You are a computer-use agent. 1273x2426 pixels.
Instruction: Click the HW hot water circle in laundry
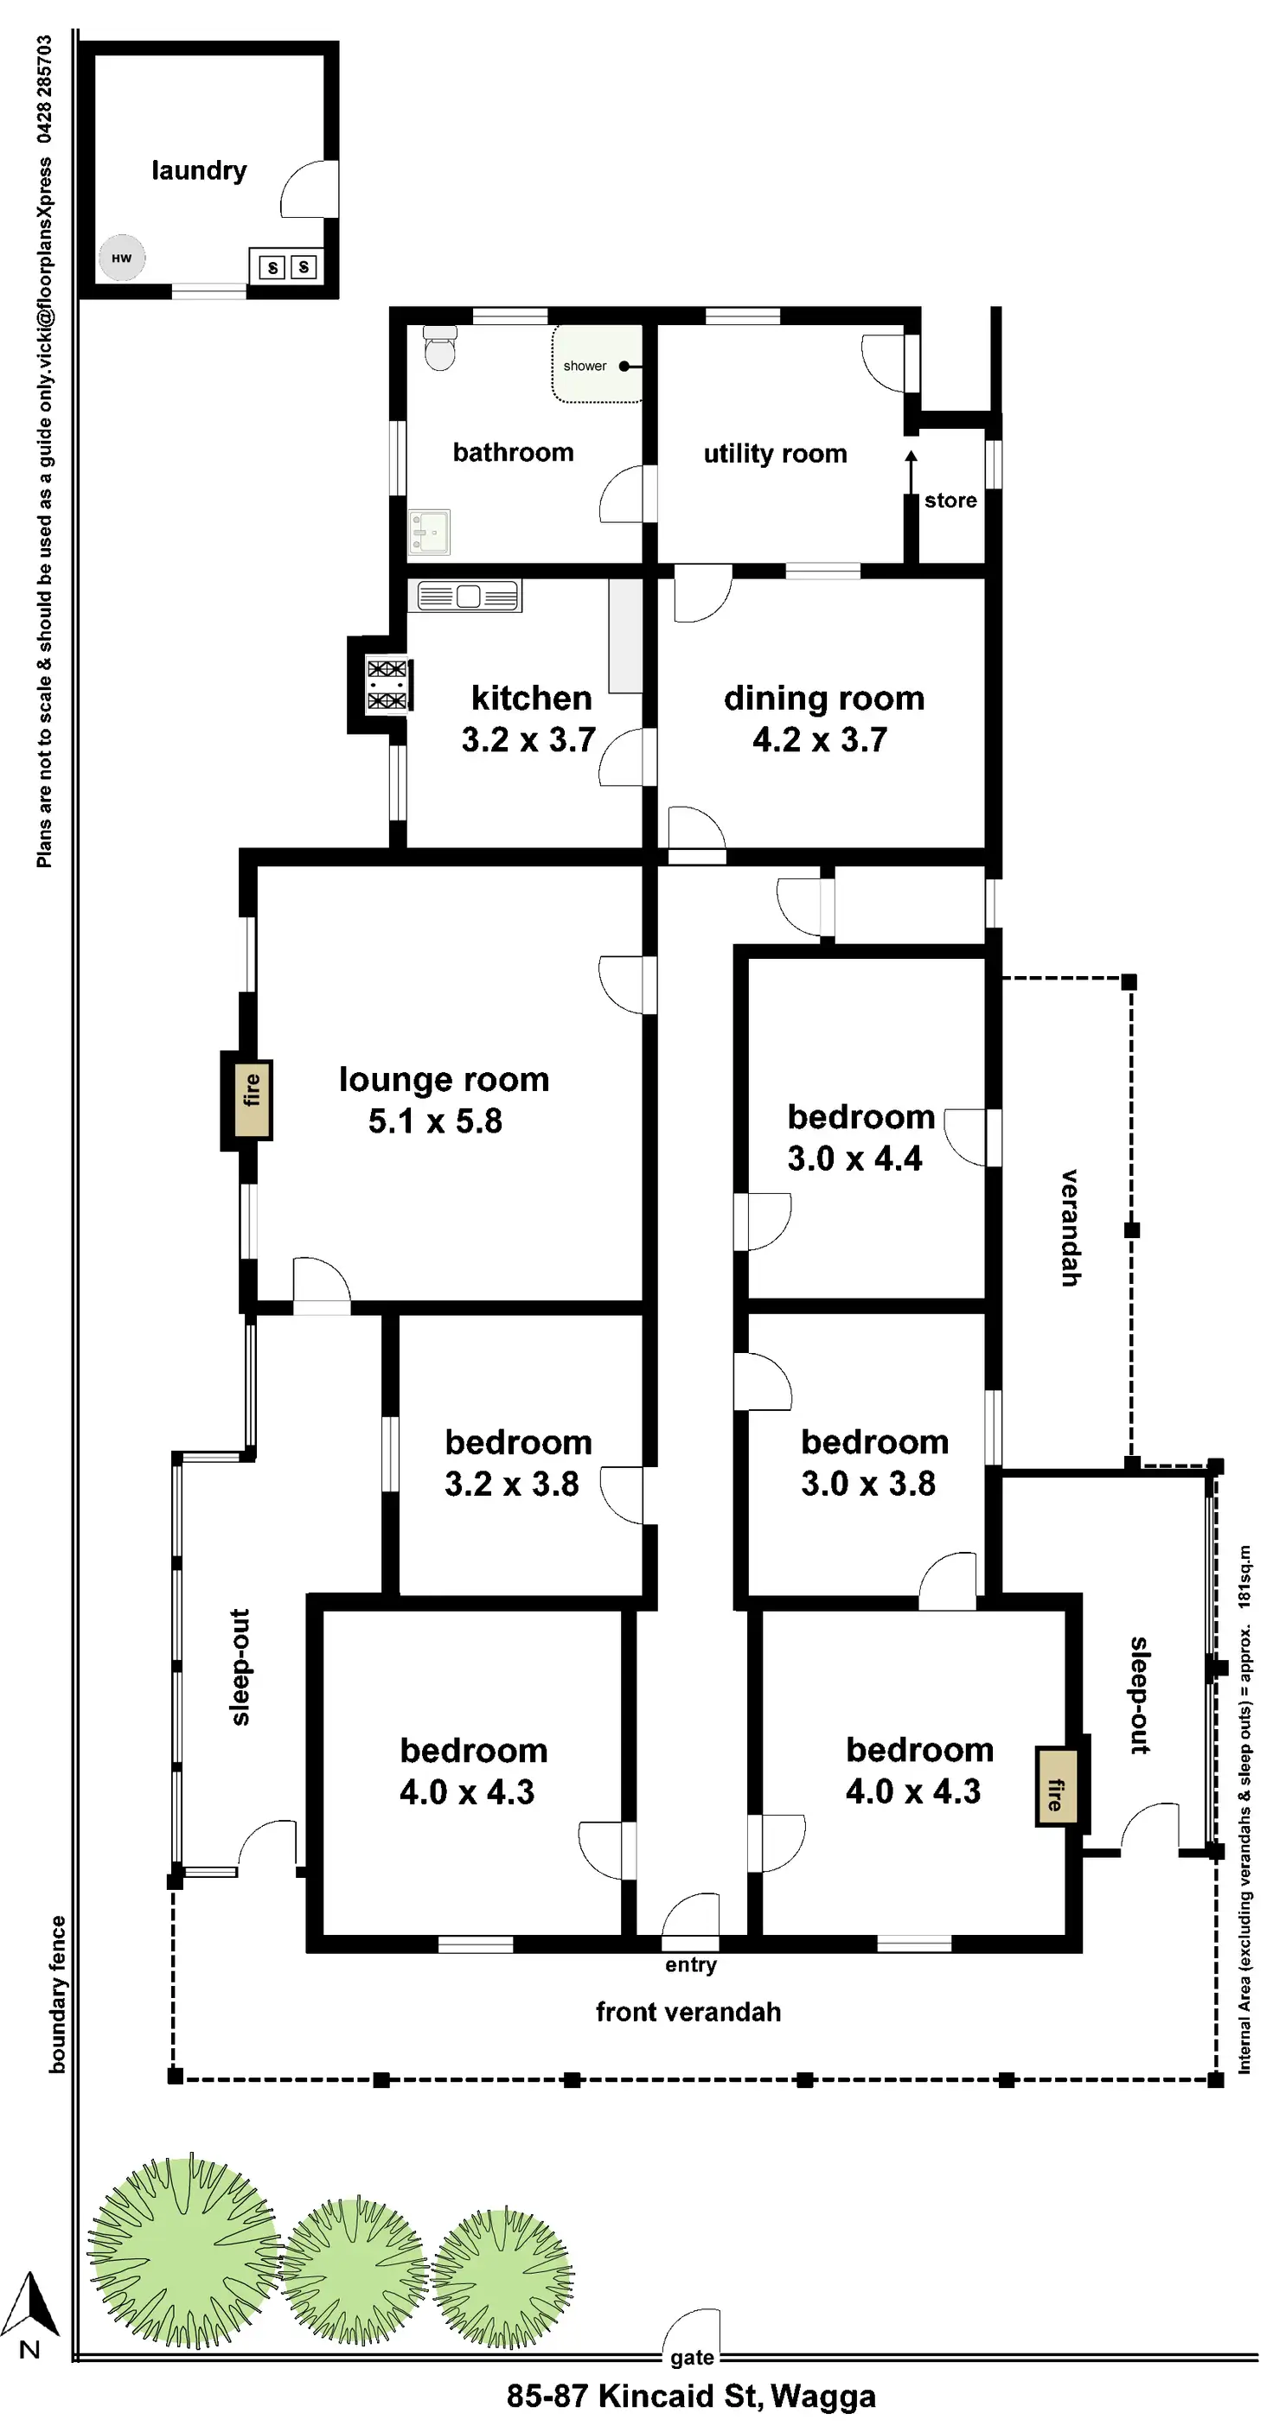pos(123,258)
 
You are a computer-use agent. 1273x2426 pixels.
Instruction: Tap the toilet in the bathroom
pos(440,348)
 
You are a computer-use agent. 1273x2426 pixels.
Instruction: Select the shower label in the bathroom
pos(585,366)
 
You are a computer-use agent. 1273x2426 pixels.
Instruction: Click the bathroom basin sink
pos(429,532)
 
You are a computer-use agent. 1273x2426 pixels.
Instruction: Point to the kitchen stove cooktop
pos(387,685)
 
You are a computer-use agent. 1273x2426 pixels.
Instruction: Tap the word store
pos(950,500)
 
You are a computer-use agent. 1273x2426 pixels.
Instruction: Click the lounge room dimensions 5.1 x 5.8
pos(434,1120)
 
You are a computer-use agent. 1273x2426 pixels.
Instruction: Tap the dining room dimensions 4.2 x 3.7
pos(820,739)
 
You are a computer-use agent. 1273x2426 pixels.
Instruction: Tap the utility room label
pos(775,454)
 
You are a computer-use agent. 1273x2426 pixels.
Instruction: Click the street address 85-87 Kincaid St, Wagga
pos(691,2395)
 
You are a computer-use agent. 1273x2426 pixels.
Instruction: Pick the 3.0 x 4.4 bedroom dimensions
pos(854,1159)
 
